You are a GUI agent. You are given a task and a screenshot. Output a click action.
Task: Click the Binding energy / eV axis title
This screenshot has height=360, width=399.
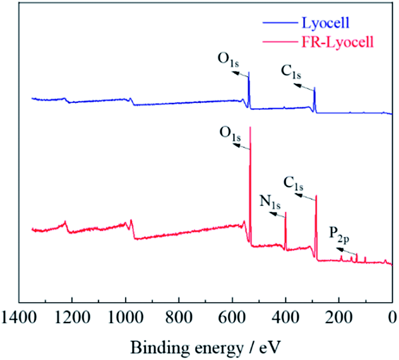(x=206, y=345)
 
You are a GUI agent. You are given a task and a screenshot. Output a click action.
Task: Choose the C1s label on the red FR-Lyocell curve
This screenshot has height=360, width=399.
(x=293, y=184)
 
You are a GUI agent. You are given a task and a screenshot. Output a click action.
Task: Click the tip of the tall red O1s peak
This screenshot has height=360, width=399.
(x=250, y=127)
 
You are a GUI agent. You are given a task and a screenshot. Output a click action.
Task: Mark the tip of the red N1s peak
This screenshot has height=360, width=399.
(x=285, y=212)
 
